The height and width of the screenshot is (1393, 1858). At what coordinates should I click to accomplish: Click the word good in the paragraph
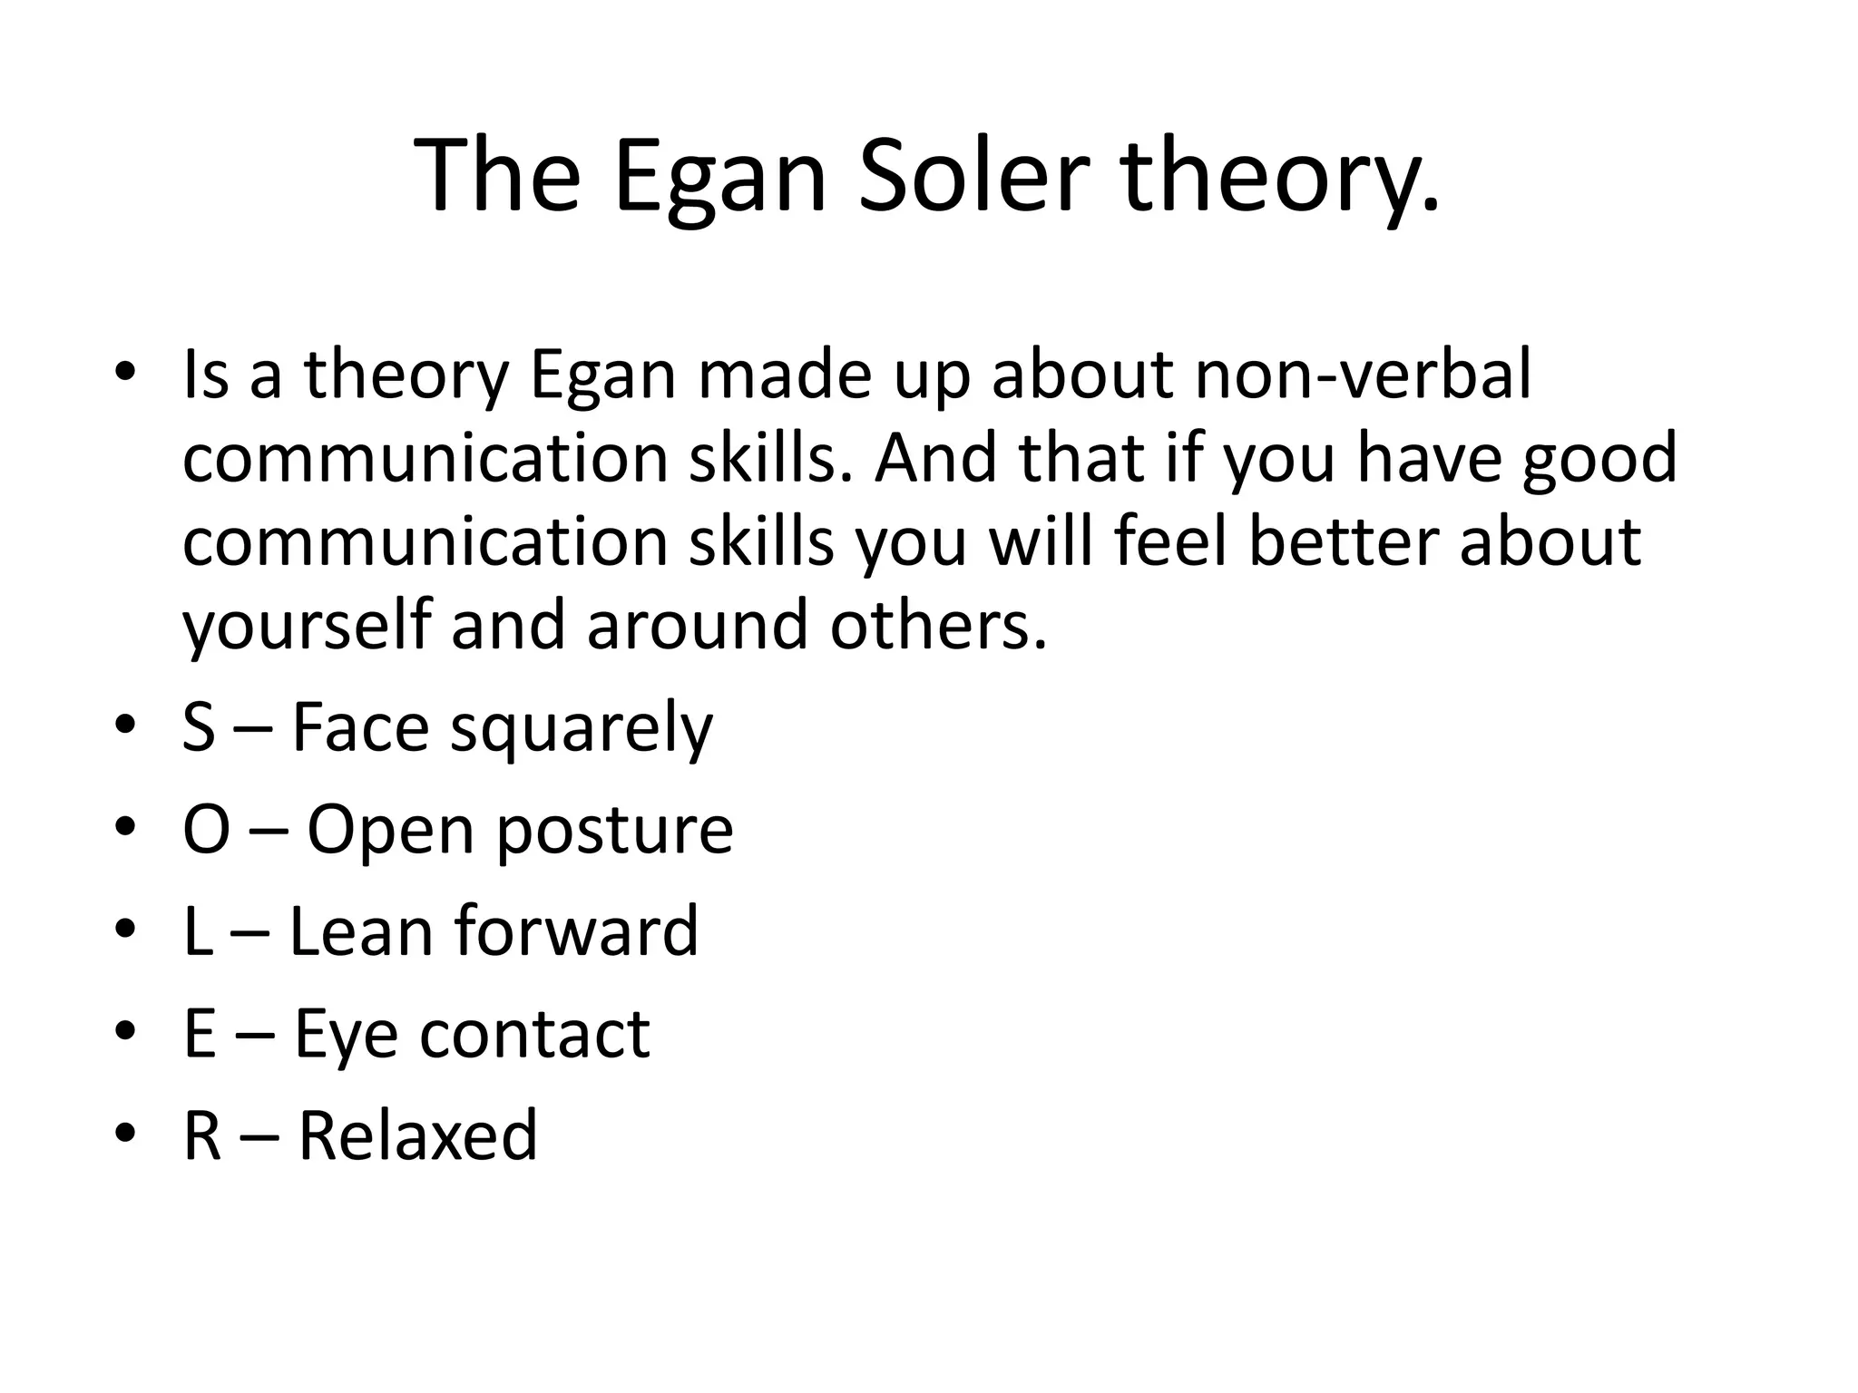click(x=1599, y=458)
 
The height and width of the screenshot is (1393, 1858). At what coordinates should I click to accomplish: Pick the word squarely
click(x=582, y=727)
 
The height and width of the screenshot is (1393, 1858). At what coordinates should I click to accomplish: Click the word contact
click(x=534, y=1033)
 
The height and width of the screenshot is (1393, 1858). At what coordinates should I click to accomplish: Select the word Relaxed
click(x=418, y=1135)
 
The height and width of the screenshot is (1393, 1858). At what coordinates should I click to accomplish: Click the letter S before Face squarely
click(x=199, y=727)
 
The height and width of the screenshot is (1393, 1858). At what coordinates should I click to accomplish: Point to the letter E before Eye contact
click(x=200, y=1033)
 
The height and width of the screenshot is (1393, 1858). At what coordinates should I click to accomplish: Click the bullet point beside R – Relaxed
click(x=126, y=1134)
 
